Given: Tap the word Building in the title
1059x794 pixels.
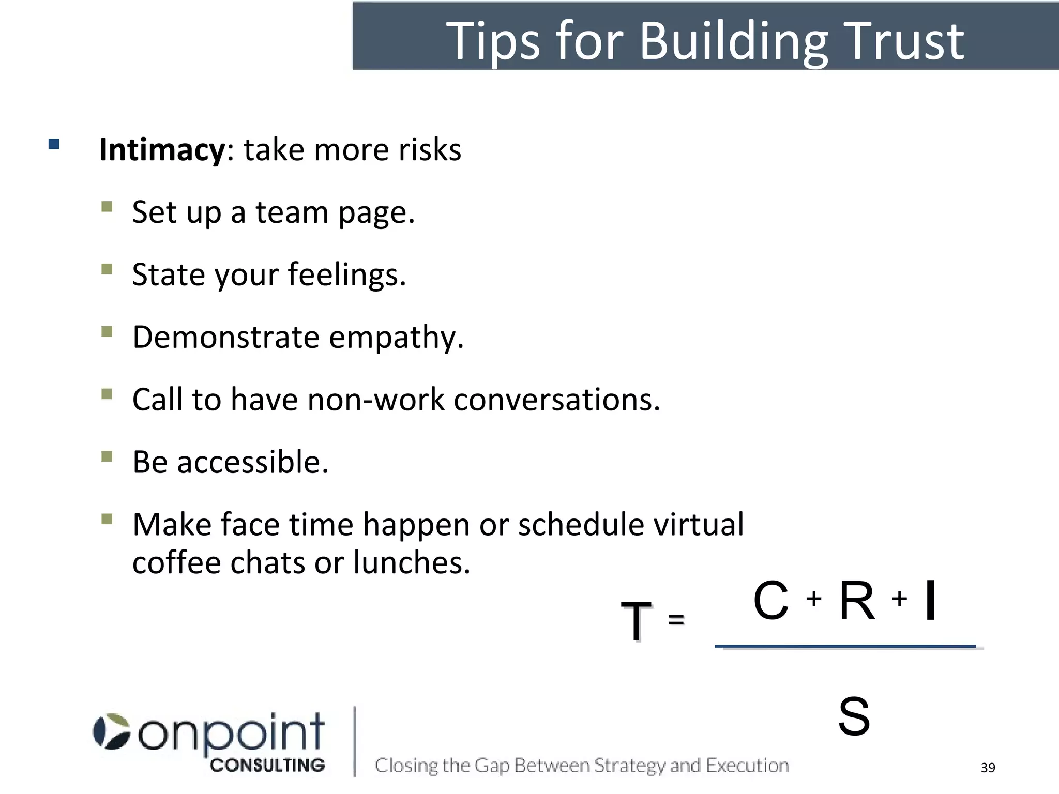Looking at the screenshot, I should tap(734, 42).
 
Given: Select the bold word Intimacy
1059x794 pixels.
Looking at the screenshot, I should tap(162, 150).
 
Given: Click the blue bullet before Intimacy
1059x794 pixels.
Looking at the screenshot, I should tap(54, 144).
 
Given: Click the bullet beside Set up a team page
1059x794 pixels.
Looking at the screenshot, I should tap(107, 207).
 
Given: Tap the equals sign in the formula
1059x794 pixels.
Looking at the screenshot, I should tap(676, 619).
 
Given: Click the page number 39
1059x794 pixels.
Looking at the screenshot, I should tap(988, 768).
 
